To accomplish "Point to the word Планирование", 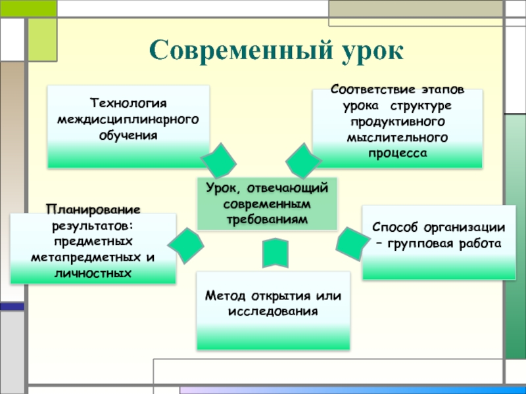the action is [93, 209].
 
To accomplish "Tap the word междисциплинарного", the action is [129, 120].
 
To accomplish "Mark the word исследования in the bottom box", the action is [274, 310].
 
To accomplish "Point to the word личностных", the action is [93, 271].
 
